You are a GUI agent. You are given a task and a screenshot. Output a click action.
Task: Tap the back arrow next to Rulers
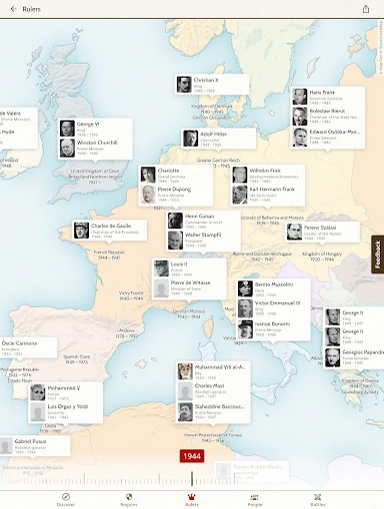[x=13, y=9]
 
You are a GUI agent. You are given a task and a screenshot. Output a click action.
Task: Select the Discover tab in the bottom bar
[x=65, y=499]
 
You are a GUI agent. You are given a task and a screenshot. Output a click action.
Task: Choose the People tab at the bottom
[x=255, y=499]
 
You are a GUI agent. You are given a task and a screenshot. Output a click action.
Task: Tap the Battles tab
[x=318, y=499]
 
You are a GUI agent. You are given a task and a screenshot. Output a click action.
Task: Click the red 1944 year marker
[x=192, y=456]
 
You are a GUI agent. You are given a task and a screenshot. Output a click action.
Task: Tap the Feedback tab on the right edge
[x=378, y=255]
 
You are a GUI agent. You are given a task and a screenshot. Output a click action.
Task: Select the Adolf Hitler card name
[x=215, y=134]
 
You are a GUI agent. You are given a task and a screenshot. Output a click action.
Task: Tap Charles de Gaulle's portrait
[x=81, y=231]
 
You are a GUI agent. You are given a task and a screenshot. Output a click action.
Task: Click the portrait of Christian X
[x=184, y=85]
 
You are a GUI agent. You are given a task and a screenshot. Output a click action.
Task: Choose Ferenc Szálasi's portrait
[x=295, y=232]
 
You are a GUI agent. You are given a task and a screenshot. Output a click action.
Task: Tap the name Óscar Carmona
[x=19, y=343]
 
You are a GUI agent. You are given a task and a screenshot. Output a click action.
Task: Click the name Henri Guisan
[x=199, y=216]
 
